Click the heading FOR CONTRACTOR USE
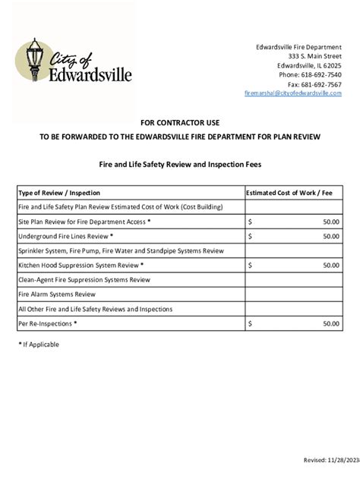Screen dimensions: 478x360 179,122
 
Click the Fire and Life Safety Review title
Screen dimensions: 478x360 179,163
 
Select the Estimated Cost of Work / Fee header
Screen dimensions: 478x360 292,193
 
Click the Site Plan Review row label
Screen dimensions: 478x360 84,222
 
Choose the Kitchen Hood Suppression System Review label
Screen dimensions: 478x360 81,266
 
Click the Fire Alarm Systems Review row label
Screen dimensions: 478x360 57,294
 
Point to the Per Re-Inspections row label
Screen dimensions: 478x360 47,323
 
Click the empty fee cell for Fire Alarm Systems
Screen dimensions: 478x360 293,294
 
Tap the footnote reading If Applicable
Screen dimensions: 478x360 39,344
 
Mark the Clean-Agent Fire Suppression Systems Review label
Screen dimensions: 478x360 84,280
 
